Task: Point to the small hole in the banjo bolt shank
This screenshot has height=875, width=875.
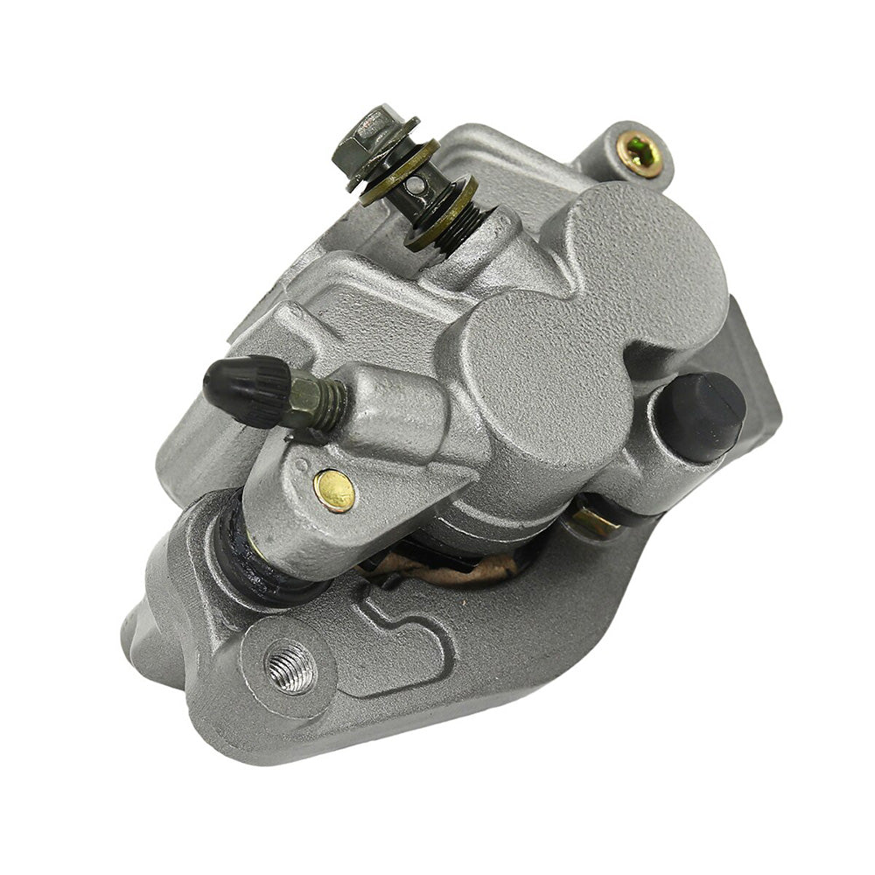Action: tap(419, 185)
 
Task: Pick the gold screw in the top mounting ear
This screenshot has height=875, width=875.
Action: tap(640, 154)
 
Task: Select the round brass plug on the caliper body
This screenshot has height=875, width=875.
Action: tap(334, 490)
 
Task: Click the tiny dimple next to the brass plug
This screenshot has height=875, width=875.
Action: tap(303, 465)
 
